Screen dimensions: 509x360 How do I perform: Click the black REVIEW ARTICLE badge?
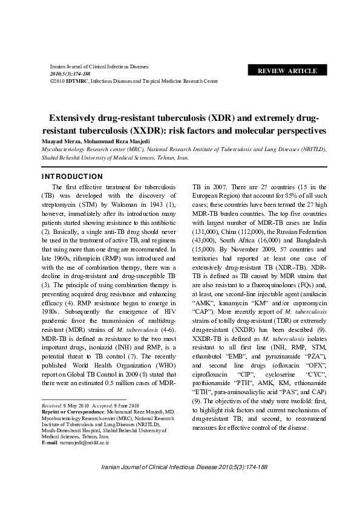287,71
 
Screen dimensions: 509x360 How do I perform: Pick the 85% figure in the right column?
283,195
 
